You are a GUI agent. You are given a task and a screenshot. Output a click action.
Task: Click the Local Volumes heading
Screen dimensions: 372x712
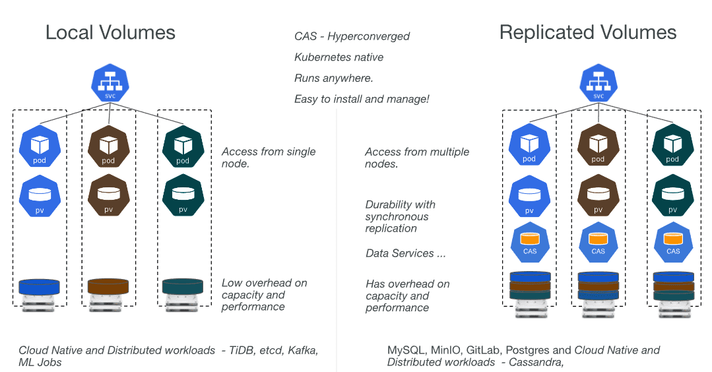110,33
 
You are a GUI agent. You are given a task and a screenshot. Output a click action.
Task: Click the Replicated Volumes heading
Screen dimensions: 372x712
588,33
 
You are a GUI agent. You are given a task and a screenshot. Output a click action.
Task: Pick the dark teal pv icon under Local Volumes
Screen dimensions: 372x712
183,195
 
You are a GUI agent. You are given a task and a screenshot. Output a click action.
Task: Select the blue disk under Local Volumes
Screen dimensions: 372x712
40,287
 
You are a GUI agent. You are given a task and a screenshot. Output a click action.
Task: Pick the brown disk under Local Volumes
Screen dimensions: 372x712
108,287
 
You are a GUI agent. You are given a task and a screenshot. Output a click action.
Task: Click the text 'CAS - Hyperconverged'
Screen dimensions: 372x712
352,36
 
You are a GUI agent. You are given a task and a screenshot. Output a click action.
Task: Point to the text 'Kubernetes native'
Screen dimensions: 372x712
339,57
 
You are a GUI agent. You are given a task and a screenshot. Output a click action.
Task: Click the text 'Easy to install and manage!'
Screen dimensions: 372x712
362,99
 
